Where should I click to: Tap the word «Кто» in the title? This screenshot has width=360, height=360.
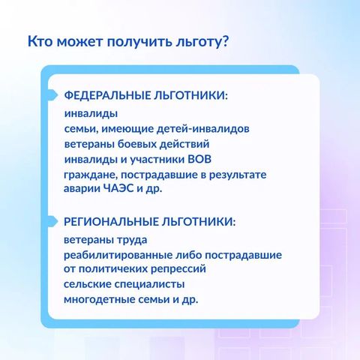(x=40, y=41)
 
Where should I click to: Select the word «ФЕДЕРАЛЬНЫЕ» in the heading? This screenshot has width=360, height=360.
(x=106, y=96)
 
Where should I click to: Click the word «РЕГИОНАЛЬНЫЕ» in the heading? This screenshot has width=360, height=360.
(x=110, y=222)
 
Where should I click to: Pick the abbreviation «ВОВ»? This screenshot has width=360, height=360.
(x=199, y=159)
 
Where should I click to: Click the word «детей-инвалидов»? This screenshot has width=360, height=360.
(x=203, y=129)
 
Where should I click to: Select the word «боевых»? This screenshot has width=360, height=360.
(x=137, y=144)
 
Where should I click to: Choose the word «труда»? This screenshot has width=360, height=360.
(x=132, y=240)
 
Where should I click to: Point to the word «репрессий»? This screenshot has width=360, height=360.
(x=178, y=269)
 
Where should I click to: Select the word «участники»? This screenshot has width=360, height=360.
(x=157, y=160)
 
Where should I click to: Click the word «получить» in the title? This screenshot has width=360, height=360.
(x=139, y=41)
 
